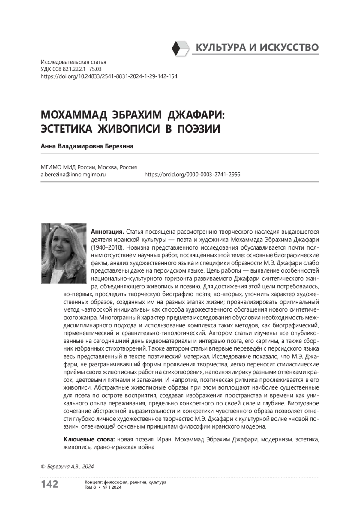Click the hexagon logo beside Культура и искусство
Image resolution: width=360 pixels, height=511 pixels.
tap(181, 48)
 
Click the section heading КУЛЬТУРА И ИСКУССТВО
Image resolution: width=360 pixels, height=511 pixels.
tap(257, 47)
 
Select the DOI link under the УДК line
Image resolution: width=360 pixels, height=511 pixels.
tap(109, 76)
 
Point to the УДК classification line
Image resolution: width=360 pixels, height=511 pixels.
tap(71, 69)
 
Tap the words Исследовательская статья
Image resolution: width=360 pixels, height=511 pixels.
tap(73, 62)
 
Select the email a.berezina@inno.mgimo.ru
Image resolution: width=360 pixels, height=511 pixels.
tap(73, 174)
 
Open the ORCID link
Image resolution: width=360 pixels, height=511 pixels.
tap(192, 174)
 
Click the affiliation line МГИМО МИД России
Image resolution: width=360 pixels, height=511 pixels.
tap(88, 167)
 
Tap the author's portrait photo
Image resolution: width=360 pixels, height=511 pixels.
tap(64, 253)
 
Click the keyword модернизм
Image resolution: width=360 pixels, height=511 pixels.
tap(276, 440)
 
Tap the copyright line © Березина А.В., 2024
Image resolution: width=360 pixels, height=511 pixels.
tap(67, 466)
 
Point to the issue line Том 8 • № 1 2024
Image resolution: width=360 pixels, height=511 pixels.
tap(103, 487)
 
